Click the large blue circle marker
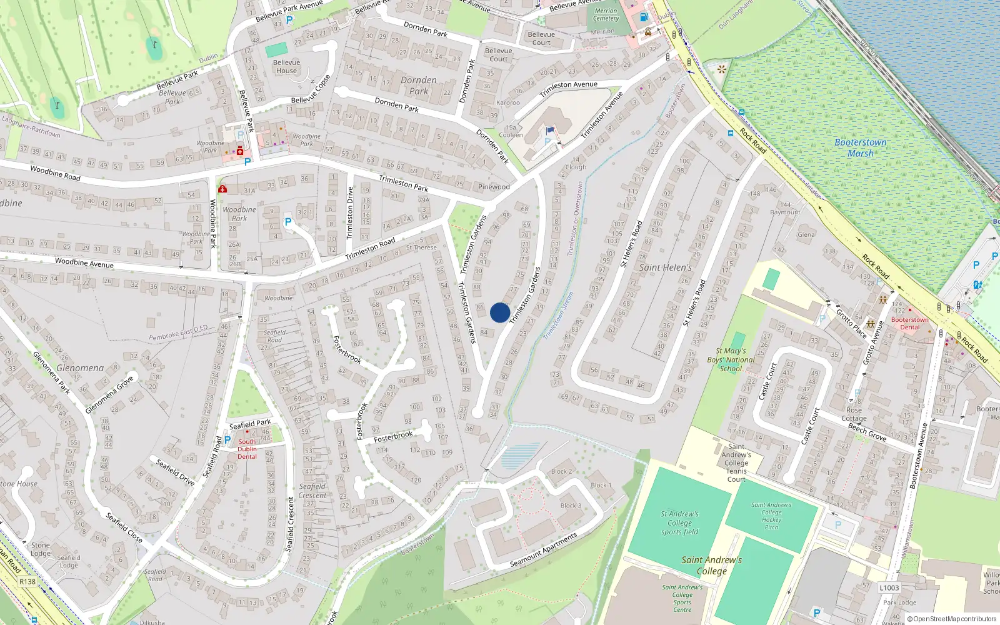[500, 312]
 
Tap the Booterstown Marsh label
[861, 147]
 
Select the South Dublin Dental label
[247, 449]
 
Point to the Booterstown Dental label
[909, 323]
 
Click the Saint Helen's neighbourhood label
[665, 267]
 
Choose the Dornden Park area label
[419, 86]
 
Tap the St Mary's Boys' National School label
[732, 359]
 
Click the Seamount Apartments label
[543, 550]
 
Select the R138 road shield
[27, 581]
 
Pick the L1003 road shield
[889, 587]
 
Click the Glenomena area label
[80, 368]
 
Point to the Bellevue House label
[287, 66]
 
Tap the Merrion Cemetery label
[606, 14]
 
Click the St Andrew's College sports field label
[679, 522]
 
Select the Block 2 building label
[561, 471]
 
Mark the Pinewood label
[494, 186]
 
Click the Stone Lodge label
[41, 549]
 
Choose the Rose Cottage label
[854, 414]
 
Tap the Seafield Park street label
[250, 424]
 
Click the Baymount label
[785, 208]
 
